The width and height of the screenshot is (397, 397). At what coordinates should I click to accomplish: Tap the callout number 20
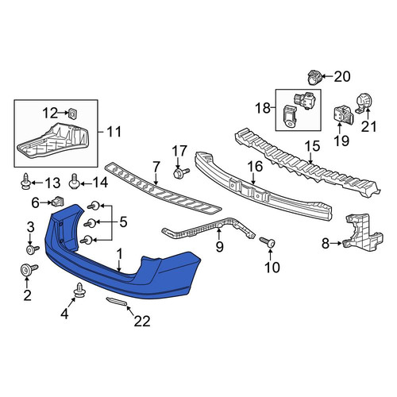pos(342,77)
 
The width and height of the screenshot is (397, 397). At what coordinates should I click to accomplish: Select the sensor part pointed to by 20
pos(314,77)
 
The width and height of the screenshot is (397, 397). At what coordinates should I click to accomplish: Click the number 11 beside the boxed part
pos(114,132)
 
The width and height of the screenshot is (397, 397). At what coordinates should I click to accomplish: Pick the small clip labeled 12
pos(71,114)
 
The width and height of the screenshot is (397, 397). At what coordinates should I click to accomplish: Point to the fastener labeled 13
pos(25,182)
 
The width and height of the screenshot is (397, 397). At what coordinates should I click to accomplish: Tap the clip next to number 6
pos(59,202)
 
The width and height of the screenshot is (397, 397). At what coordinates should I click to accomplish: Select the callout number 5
pos(123,222)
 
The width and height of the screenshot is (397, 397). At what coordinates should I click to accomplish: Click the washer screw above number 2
pos(29,270)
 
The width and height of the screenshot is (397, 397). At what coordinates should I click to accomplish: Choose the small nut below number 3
pos(33,249)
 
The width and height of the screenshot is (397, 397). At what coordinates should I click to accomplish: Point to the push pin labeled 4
pos(79,289)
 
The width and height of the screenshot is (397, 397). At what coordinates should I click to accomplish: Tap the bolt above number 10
pos(268,242)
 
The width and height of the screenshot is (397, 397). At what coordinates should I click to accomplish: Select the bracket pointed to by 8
pos(364,232)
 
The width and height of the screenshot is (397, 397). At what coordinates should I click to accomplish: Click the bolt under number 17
pos(181,172)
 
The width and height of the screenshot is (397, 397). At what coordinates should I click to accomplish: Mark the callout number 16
pos(256,167)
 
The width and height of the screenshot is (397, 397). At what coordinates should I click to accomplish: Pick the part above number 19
pos(343,114)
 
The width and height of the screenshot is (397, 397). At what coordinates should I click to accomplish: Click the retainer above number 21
pos(364,104)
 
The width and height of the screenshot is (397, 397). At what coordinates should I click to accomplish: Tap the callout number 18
pos(263,108)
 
